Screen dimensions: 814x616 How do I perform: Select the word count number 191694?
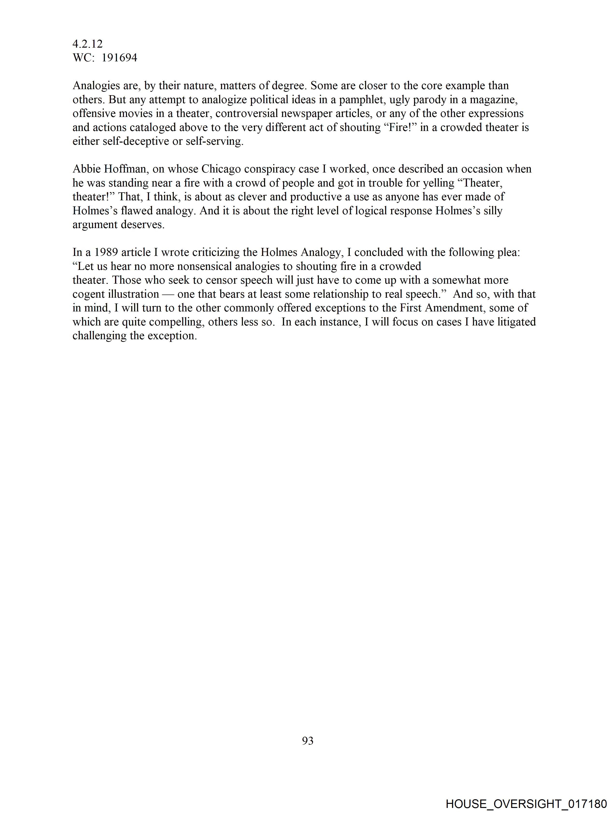coord(119,58)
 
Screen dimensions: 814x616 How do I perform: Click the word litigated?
coord(517,322)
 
